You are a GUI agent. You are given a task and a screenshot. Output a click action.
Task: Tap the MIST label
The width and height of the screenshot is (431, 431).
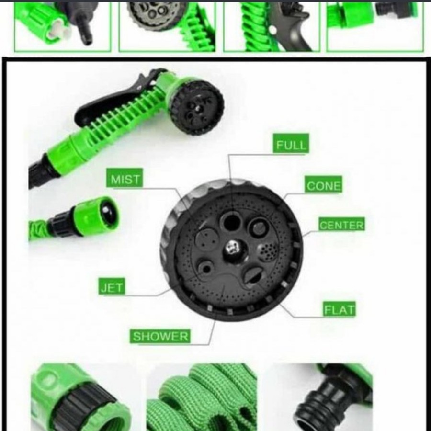125,180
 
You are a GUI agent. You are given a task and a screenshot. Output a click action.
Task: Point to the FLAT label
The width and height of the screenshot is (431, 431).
339,310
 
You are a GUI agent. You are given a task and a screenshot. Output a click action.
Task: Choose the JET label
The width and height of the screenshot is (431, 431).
112,288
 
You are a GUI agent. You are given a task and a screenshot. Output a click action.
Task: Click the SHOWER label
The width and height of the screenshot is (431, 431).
160,336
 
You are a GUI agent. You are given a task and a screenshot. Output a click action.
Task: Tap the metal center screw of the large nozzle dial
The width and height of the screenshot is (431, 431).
232,248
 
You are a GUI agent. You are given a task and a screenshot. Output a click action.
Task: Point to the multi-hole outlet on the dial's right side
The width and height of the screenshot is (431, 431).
266,250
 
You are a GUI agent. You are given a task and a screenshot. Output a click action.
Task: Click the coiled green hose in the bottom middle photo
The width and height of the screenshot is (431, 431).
201,397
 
